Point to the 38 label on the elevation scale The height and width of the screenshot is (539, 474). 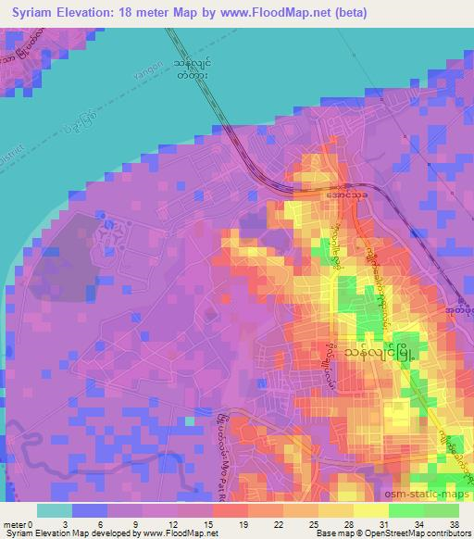pos(454,524)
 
